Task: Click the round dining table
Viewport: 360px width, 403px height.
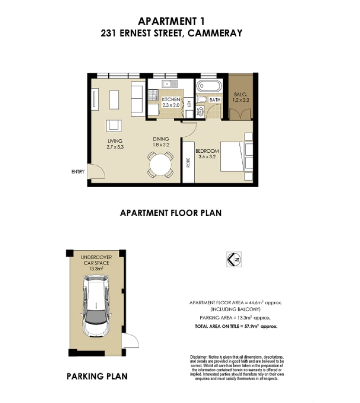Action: (x=160, y=165)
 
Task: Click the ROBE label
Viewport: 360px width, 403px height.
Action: (x=188, y=162)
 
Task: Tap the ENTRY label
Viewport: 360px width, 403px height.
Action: (x=78, y=172)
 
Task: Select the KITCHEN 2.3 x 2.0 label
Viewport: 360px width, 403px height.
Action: (x=171, y=102)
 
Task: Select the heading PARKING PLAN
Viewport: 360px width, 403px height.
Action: (x=97, y=376)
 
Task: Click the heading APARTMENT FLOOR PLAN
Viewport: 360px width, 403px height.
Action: (x=171, y=213)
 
